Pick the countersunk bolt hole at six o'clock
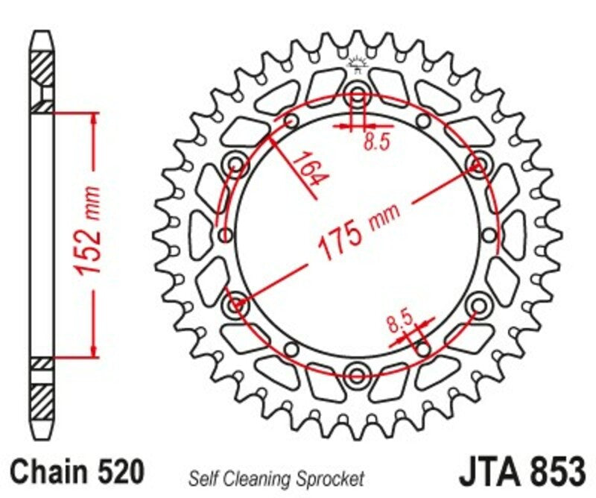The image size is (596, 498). point(358,373)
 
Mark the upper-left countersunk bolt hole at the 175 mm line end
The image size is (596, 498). point(238,164)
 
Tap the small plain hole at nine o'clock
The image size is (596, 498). point(224,235)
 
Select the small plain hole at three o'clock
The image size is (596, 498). point(489,235)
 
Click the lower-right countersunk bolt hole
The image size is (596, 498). point(478,303)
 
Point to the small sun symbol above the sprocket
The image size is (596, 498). point(358,66)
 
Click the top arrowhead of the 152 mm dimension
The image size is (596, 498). point(93,119)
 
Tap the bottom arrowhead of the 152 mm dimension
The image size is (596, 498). point(93,350)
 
